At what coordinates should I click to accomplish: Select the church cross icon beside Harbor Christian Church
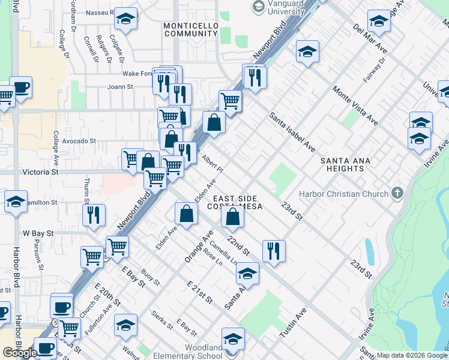click(x=396, y=193)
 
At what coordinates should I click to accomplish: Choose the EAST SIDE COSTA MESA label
click(x=235, y=203)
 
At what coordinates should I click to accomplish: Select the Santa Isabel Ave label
click(x=292, y=131)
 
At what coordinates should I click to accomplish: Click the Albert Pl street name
click(x=212, y=164)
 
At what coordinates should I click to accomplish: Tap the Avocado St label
click(x=79, y=141)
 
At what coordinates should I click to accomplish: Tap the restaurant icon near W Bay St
click(x=94, y=215)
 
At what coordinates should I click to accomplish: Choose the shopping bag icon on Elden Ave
click(x=187, y=214)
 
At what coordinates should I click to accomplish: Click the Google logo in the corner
click(x=20, y=353)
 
